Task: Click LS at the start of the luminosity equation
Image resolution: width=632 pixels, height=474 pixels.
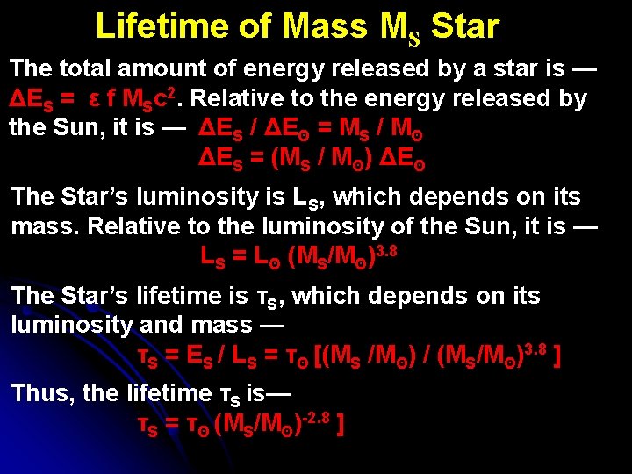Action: click(x=214, y=259)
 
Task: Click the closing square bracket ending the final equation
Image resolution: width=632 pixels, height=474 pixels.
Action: click(x=339, y=424)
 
